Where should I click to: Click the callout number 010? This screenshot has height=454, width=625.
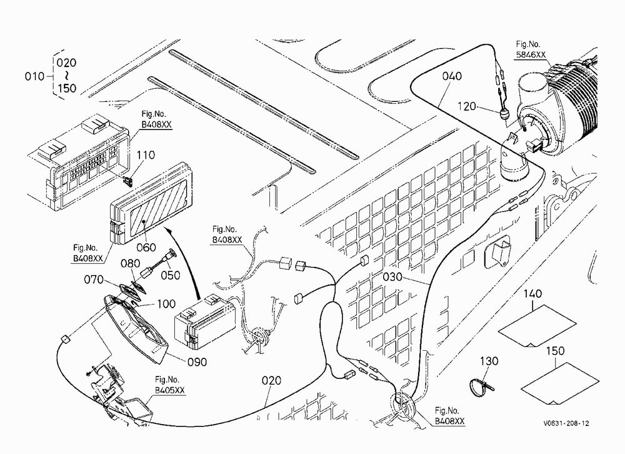[x=34, y=76]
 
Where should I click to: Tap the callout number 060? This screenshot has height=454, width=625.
[x=146, y=248]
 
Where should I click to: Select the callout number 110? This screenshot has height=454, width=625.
[x=146, y=155]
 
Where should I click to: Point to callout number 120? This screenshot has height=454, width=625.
[x=467, y=106]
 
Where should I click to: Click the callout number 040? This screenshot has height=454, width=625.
[x=452, y=76]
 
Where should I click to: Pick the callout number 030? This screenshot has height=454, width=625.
[x=392, y=276]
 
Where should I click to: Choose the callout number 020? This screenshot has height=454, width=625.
[x=271, y=381]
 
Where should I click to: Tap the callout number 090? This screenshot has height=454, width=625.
[x=197, y=362]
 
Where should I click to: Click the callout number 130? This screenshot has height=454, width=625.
[x=489, y=361]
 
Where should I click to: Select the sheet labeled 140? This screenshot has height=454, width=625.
[x=537, y=327]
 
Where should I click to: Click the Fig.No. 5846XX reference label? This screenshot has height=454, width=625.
[x=531, y=49]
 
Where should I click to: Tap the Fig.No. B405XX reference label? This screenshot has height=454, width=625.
[x=170, y=385]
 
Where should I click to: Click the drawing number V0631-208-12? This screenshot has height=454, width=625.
[x=566, y=423]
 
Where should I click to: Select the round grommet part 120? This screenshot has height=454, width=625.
[x=504, y=116]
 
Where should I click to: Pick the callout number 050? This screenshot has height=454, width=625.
[x=171, y=275]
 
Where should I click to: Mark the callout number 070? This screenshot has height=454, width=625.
[x=94, y=280]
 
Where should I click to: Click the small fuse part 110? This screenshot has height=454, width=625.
[x=127, y=181]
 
